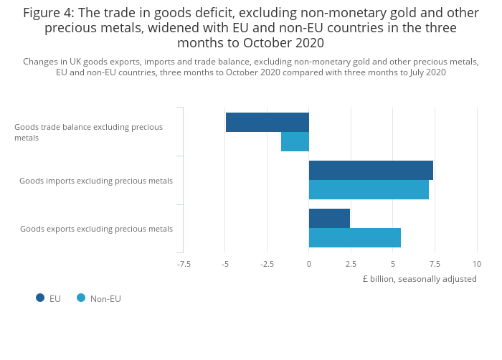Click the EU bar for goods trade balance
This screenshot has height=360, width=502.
(267, 123)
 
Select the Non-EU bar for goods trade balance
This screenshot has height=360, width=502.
(295, 142)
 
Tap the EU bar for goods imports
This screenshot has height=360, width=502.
(371, 171)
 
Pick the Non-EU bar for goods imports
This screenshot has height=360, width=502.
(369, 190)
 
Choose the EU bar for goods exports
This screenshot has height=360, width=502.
(329, 219)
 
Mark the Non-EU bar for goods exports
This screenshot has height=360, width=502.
(355, 238)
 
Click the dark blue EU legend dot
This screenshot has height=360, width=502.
(40, 298)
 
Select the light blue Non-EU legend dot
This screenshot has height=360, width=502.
(81, 298)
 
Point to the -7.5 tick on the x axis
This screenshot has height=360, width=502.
(184, 264)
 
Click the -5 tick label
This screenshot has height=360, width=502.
(225, 264)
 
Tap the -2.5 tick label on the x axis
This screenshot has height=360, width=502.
(267, 264)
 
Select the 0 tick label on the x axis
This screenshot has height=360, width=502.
(309, 264)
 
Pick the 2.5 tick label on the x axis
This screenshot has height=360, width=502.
(351, 264)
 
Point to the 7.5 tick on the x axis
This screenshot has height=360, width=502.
(435, 264)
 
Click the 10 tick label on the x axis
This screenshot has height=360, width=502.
(477, 264)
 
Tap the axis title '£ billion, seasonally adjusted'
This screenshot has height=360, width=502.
(419, 279)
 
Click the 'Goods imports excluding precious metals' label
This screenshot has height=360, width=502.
(96, 181)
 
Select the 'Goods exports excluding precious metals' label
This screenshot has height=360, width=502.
(96, 229)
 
